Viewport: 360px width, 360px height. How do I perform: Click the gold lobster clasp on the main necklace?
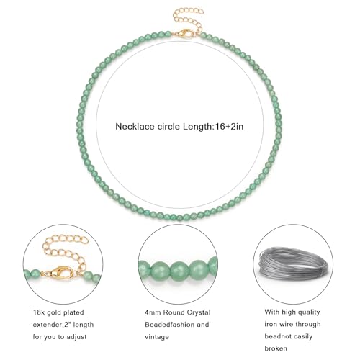(x=186, y=33)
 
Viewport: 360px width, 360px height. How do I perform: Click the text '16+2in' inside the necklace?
(x=229, y=126)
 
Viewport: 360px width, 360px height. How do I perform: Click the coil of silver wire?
(x=292, y=265)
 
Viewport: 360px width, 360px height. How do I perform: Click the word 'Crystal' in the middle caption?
(x=199, y=312)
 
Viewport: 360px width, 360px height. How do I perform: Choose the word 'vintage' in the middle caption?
(x=157, y=337)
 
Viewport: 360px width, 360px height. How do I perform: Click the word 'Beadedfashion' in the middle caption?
(x=170, y=325)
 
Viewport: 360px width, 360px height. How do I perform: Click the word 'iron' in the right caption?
(x=271, y=324)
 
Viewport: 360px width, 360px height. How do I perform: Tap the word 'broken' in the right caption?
(x=276, y=348)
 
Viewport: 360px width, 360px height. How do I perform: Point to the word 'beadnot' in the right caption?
(x=278, y=336)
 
